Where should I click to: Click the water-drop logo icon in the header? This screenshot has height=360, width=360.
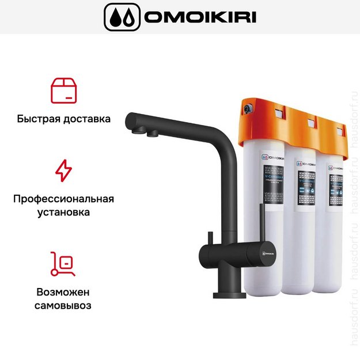121,17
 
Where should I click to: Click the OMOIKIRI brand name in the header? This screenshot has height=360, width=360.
200,17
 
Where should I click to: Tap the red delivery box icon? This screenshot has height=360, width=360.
64,90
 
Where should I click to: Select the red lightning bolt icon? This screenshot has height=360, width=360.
63,170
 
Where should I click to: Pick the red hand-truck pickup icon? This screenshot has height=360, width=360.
63,264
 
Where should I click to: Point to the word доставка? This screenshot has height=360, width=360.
87,120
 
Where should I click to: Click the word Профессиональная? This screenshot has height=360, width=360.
63,199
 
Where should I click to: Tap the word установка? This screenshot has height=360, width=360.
63,213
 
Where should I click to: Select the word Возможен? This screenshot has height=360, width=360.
63,291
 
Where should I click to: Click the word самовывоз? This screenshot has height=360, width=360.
63,305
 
